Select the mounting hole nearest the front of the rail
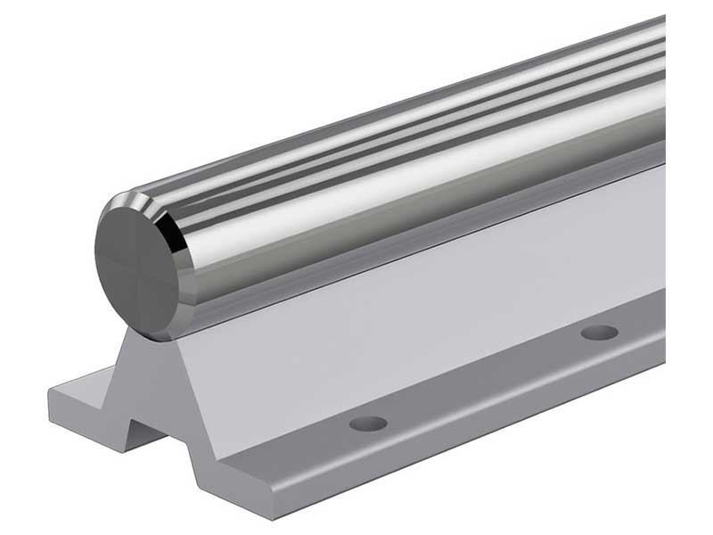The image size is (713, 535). coord(368,423)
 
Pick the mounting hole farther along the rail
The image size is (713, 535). coord(599,333)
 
